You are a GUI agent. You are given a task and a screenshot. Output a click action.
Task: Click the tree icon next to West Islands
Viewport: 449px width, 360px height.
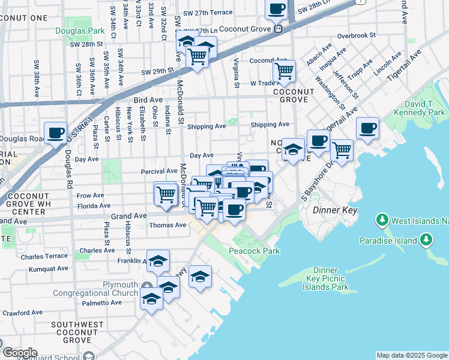click(x=382, y=221)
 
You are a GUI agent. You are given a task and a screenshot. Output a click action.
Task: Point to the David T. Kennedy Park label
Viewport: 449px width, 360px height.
click(x=424, y=109)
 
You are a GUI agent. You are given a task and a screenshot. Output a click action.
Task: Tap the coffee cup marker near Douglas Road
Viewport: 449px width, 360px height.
click(x=56, y=133)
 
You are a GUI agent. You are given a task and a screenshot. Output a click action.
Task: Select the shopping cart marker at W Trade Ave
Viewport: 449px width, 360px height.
click(x=284, y=71)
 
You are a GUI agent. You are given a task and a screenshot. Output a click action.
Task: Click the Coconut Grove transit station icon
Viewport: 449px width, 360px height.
click(x=278, y=29)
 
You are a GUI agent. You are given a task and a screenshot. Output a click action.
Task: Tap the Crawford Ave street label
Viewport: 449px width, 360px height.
click(x=22, y=313)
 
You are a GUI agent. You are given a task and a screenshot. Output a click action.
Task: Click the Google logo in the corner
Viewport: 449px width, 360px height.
click(x=20, y=353)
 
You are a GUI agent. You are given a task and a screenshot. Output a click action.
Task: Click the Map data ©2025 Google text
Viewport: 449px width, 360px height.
click(x=411, y=355)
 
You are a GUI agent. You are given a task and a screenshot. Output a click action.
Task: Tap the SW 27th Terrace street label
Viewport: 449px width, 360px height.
click(x=208, y=13)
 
